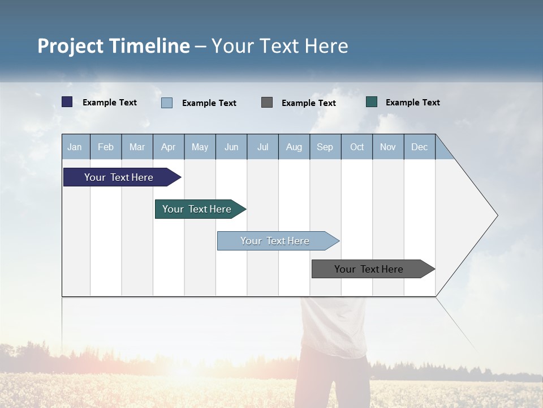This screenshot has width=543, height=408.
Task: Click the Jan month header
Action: click(x=75, y=147)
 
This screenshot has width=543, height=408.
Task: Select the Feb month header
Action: click(x=106, y=147)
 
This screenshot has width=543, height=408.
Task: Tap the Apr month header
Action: click(x=168, y=147)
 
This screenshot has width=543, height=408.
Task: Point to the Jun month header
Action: click(x=231, y=147)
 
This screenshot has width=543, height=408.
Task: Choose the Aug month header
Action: click(x=294, y=147)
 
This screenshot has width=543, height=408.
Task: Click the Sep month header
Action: click(x=325, y=147)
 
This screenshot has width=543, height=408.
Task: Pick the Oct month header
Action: click(x=357, y=147)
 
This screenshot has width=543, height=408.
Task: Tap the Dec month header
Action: click(x=419, y=147)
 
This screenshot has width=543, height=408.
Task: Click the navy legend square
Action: click(x=67, y=102)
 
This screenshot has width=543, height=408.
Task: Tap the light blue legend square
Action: click(x=167, y=103)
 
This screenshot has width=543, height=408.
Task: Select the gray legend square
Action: click(x=267, y=102)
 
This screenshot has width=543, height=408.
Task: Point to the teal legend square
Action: click(x=372, y=102)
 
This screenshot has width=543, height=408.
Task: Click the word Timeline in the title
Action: click(x=149, y=46)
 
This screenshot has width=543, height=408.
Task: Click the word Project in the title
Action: click(x=71, y=46)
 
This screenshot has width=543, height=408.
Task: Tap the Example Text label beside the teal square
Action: click(x=412, y=103)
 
